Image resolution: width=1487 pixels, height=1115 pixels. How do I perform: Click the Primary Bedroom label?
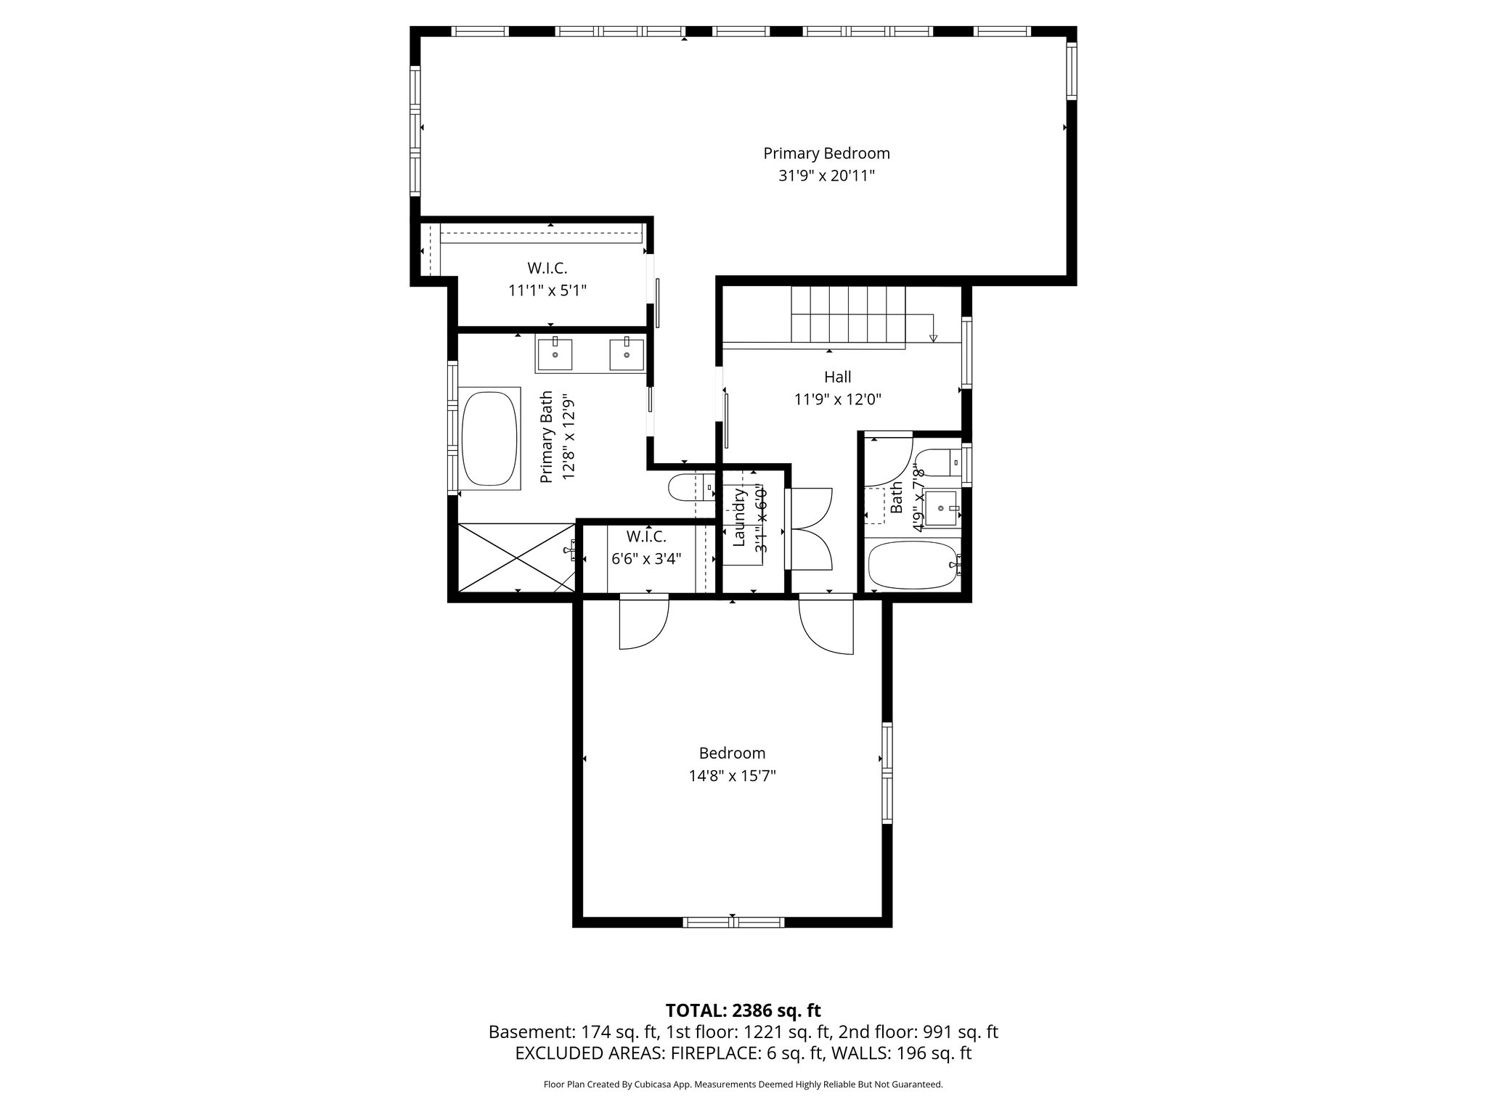[x=826, y=153]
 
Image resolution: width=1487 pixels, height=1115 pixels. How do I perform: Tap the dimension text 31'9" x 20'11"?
[x=826, y=176]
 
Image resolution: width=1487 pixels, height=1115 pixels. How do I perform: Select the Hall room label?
[x=837, y=377]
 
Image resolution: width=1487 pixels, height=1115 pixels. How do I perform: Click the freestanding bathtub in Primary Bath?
[x=490, y=439]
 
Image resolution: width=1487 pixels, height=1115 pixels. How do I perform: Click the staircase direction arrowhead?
[x=934, y=338]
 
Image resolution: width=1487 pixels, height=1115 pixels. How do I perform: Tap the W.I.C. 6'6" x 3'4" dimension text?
[x=646, y=559]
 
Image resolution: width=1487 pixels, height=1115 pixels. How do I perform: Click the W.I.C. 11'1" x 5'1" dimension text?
[x=547, y=290]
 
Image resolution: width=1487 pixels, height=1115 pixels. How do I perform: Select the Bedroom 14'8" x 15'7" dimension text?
[x=732, y=776]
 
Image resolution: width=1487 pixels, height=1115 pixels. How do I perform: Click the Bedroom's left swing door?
[x=643, y=622]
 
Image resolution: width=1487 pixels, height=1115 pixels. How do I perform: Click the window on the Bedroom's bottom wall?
[x=733, y=923]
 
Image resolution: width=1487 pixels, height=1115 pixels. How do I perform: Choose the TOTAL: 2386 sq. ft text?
[x=743, y=1010]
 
